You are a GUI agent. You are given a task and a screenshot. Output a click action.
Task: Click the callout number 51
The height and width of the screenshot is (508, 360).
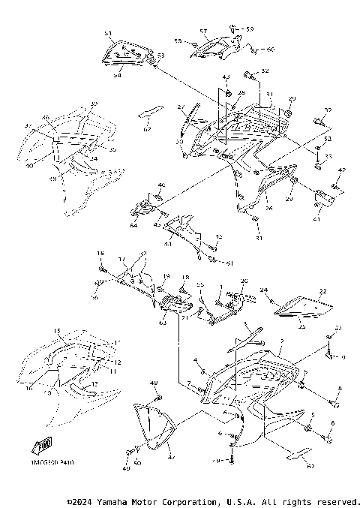coord(107,35)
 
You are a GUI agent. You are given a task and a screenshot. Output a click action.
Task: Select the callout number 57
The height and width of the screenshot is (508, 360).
coord(202,32)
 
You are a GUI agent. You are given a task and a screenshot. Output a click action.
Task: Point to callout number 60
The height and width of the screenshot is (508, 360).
coord(271,50)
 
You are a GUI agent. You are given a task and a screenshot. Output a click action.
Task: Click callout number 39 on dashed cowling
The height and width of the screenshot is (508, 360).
coord(94,103)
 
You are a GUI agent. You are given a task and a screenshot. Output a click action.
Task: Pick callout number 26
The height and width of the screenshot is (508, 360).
coord(268,208)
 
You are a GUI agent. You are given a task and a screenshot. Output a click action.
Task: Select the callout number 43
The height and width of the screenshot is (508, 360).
coord(226,78)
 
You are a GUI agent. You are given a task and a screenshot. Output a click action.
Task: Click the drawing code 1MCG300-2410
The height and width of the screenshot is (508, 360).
coord(53,474)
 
